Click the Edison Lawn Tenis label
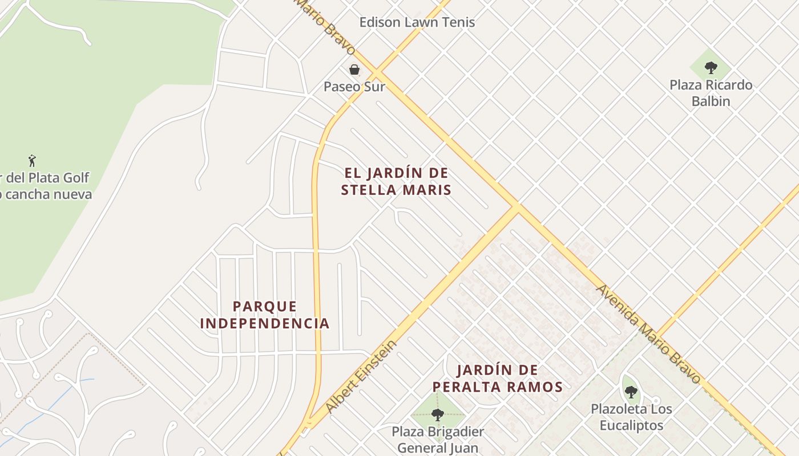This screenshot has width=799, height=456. tap(417, 22)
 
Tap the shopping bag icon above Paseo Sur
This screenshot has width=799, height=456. tap(354, 70)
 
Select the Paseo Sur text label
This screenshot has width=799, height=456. tap(354, 87)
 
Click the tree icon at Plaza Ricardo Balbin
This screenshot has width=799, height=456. tap(711, 68)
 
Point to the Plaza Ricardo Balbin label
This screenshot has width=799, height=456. tap(711, 93)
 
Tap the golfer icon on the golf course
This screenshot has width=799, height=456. tap(32, 160)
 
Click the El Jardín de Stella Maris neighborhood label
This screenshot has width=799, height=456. tap(396, 181)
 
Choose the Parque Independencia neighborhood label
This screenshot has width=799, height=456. tap(265, 315)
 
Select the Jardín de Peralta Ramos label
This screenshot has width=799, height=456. tap(497, 378)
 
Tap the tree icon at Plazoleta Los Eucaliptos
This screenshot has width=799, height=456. tap(631, 392)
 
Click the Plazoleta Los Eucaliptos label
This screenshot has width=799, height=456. tap(631, 417)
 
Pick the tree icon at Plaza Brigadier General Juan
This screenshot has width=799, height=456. tap(438, 414)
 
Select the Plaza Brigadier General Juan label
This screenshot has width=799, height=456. tap(438, 439)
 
